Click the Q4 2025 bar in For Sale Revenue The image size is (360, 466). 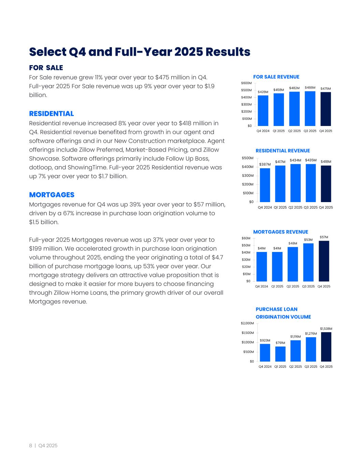point(326,109)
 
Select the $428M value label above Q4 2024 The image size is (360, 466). point(263,92)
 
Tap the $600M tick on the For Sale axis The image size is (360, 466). point(246,83)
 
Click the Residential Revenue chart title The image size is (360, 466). point(283,151)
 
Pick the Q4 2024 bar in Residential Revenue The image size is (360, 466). point(265,185)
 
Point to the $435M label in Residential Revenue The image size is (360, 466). point(311,160)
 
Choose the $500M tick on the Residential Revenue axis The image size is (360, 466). point(248,158)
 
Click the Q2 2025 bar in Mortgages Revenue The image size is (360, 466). point(293,264)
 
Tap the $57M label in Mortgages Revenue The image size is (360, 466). point(324,237)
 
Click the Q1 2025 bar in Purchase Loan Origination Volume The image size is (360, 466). point(280,354)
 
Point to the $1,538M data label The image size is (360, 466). point(326,328)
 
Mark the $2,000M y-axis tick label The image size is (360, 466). point(247,323)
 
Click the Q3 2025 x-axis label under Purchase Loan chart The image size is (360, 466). point(311,367)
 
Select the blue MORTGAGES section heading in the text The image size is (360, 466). point(52,195)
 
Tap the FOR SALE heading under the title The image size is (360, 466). point(46,68)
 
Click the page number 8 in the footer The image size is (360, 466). point(31,446)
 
